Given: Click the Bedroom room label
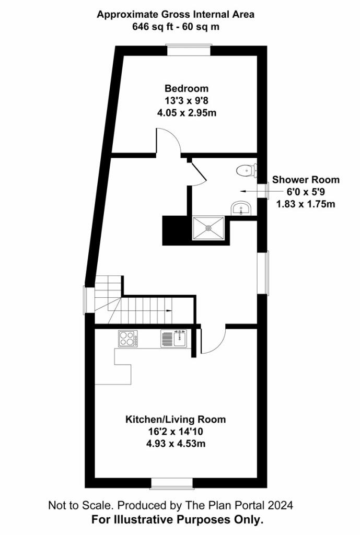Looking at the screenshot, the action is click(187, 88).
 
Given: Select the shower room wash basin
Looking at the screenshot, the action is click(241, 208).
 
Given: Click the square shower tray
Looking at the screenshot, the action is click(208, 228).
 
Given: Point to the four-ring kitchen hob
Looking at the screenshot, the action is click(128, 339).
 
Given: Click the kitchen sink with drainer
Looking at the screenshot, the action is click(174, 339).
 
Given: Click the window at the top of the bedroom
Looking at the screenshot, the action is click(189, 50).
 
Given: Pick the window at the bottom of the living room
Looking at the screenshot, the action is click(172, 483).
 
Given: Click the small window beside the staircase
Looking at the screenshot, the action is click(89, 299).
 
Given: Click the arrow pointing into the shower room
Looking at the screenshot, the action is click(254, 191).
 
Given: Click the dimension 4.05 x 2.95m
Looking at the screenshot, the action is click(187, 113).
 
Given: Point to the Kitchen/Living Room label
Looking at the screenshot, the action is click(176, 419).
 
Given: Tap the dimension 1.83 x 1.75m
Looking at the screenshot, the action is click(306, 204).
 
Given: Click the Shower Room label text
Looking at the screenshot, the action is click(306, 180).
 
